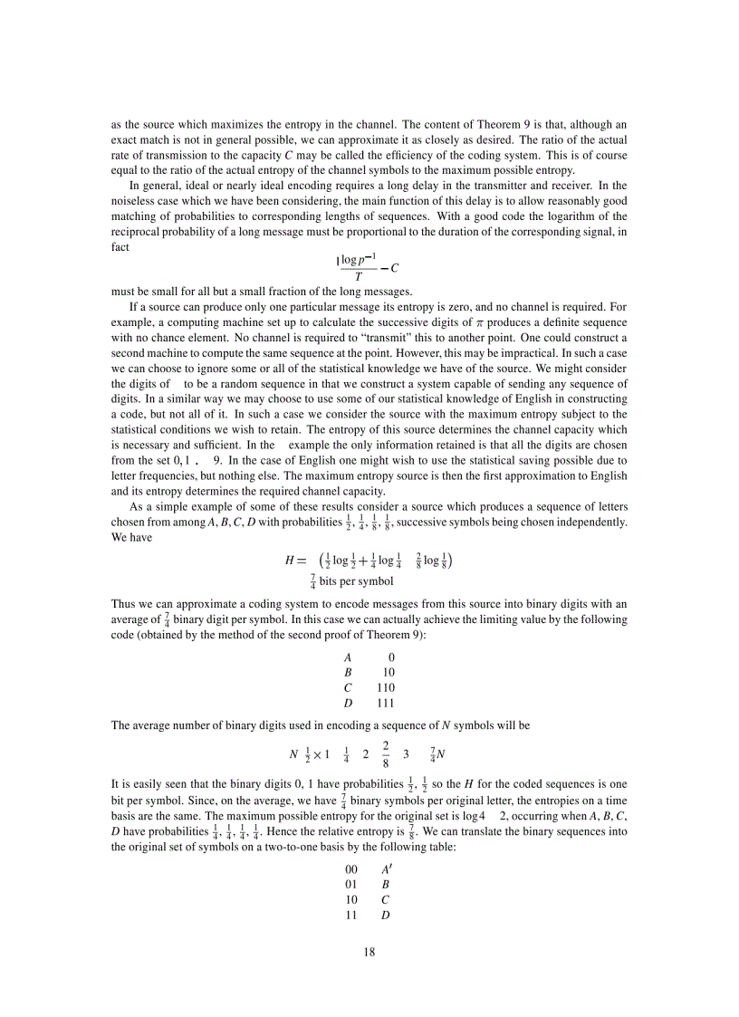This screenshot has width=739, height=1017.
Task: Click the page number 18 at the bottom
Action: coord(369,952)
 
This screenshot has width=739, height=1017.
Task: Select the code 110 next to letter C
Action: coord(386,687)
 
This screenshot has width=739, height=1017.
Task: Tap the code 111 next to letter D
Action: coord(386,703)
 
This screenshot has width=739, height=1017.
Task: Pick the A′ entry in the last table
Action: coord(387,868)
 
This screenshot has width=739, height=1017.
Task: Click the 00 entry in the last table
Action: coord(351,868)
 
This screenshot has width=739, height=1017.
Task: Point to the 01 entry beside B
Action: coord(351,884)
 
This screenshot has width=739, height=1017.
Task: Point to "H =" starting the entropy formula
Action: coord(296,561)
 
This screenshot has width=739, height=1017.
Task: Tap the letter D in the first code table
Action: coord(348,703)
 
